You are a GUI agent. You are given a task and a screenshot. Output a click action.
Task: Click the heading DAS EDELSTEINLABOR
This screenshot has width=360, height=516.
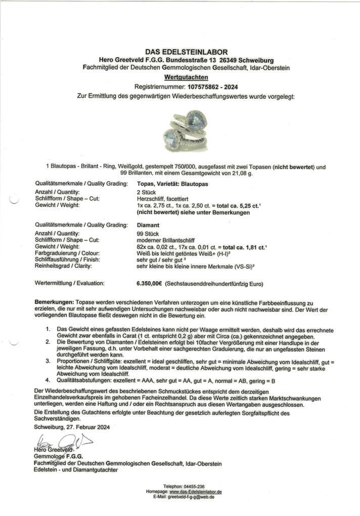pos(179,52)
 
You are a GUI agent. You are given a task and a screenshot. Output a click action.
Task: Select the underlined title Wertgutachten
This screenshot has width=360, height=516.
pos(179,77)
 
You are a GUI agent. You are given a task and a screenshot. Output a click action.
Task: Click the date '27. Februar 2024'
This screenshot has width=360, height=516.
pos(88,427)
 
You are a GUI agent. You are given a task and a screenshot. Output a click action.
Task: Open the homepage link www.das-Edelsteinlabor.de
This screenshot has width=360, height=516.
pos(195,492)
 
